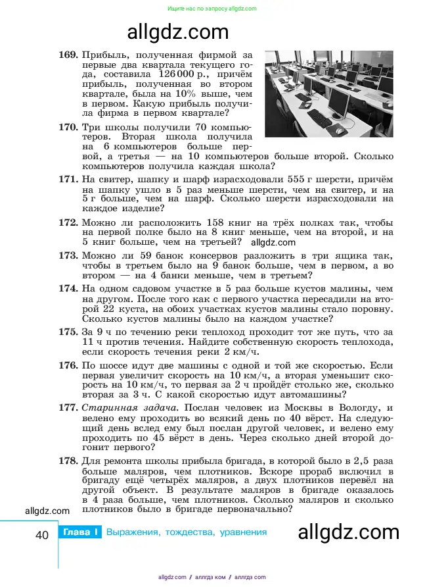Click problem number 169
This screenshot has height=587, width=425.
coord(68,53)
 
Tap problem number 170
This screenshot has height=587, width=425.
coord(68,126)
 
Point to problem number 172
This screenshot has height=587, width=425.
coord(68,222)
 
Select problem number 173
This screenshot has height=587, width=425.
coord(68,255)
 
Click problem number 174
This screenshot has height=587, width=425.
coord(68,288)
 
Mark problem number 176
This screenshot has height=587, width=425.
coord(68,365)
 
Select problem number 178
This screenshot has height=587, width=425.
coord(68,460)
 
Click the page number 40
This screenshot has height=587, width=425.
coord(41,535)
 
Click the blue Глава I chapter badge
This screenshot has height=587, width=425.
coord(79,532)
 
